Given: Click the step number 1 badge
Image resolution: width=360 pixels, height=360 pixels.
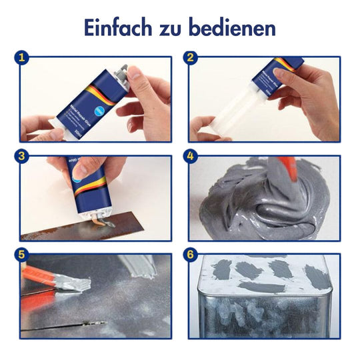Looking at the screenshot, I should coord(23,58).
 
